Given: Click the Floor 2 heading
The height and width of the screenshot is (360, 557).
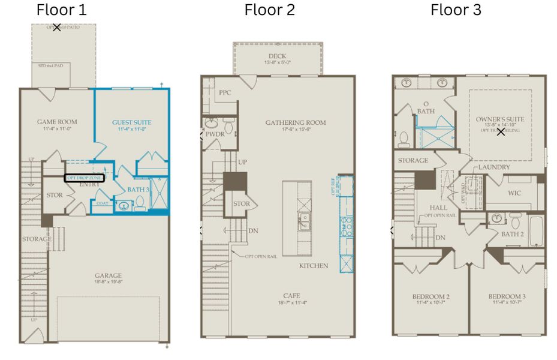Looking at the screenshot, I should coord(269,10).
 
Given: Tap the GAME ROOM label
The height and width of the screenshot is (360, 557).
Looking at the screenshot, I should coord(57,122).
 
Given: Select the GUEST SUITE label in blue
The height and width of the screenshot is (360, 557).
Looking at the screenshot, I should coord(132,122).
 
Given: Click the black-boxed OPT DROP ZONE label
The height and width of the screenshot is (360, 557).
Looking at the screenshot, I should coord(84,178).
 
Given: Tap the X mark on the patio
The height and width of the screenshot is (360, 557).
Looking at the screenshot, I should coord(57,28).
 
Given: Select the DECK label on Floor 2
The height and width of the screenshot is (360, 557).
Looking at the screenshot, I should coord(277,56).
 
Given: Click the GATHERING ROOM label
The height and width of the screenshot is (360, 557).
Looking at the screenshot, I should coord(296,122).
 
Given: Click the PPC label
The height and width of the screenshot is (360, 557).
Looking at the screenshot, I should coord(225,93).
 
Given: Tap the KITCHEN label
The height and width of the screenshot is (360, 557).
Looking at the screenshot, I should coord(314,265).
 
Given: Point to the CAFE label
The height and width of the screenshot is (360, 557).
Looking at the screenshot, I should coord(293,295).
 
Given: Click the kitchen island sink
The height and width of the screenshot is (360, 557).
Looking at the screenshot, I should coord(305,224).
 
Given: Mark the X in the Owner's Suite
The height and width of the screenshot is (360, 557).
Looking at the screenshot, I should coord(501,132).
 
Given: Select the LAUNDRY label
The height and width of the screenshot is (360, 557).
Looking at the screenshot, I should coord(494,167).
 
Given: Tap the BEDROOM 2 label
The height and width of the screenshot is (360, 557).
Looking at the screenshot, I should coord(430,297).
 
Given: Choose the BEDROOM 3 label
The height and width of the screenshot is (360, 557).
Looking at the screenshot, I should coord(507,297).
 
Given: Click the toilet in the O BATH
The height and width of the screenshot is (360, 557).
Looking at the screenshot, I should coord(404,139).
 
